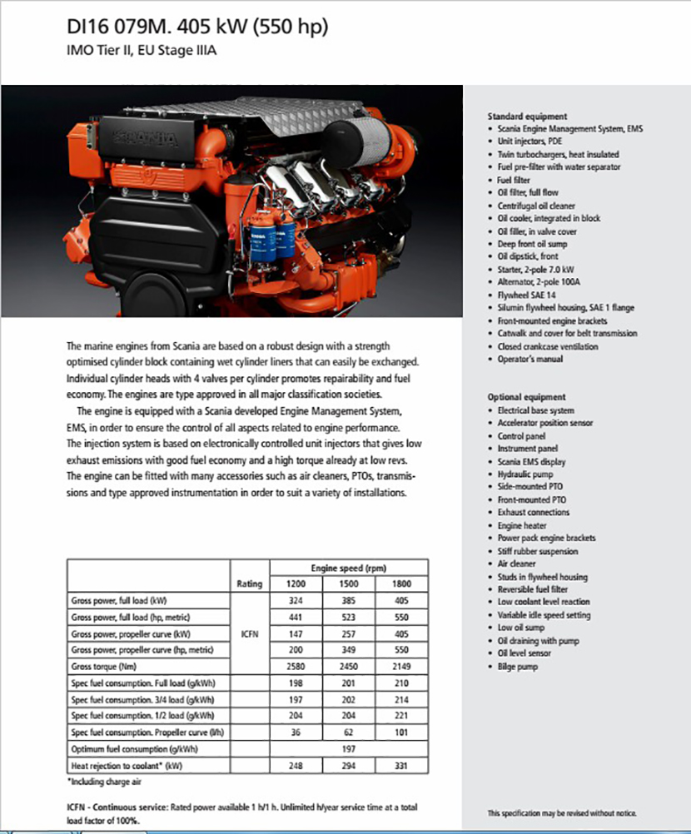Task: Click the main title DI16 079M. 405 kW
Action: coord(197,27)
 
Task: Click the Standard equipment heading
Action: coord(527,117)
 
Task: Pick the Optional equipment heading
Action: coord(526,397)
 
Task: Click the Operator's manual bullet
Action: coord(530,359)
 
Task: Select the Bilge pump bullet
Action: coord(518,667)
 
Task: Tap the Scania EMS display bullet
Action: coord(531,461)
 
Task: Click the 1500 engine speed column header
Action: coord(350,583)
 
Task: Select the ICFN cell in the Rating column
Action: coord(250,633)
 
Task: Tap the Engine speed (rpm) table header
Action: coord(350,567)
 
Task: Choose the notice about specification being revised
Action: coord(567,812)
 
